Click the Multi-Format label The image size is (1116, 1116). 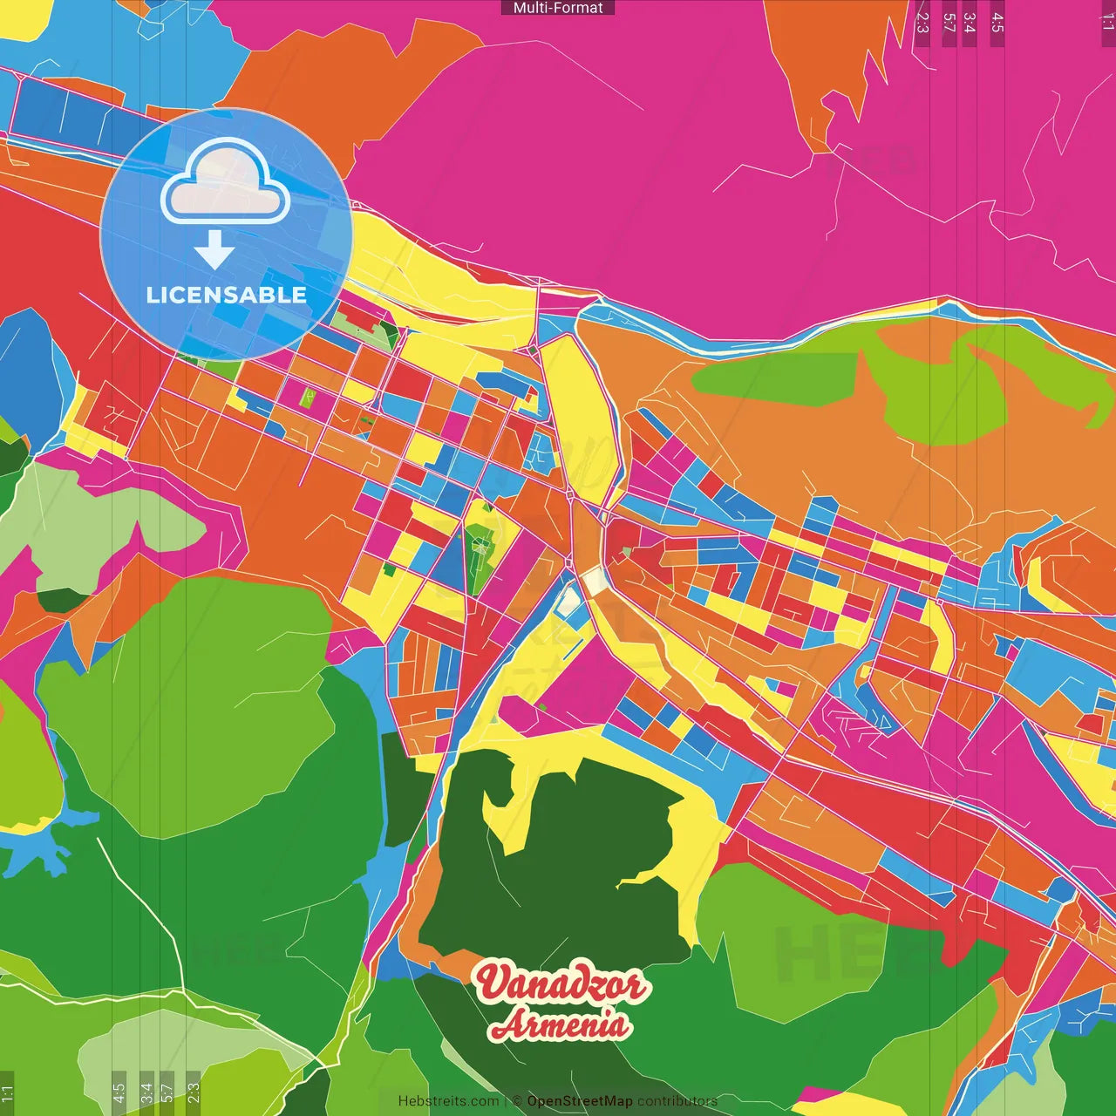click(x=558, y=8)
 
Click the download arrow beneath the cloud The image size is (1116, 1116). click(x=214, y=251)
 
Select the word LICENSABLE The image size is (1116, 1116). click(x=227, y=295)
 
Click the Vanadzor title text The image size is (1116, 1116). click(x=561, y=983)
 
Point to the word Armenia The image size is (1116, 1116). click(x=560, y=1024)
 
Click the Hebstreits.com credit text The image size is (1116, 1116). click(x=448, y=1101)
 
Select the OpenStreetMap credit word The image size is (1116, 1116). click(x=580, y=1101)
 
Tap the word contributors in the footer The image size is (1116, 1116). click(x=677, y=1101)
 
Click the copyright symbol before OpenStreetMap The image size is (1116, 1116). click(x=517, y=1101)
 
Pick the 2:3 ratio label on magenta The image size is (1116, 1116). click(x=922, y=23)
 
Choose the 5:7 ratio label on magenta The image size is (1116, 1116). click(x=949, y=23)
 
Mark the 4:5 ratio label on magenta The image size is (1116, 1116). click(x=997, y=23)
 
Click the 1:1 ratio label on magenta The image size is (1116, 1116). click(x=1107, y=23)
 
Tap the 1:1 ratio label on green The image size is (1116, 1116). click(x=8, y=1092)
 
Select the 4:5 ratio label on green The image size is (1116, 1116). click(x=119, y=1092)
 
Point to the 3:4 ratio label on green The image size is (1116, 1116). click(x=146, y=1092)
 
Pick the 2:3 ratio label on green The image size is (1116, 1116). click(x=193, y=1092)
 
